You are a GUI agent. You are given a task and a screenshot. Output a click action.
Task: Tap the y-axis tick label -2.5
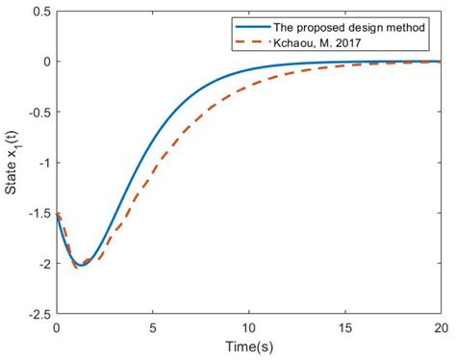(x=38, y=314)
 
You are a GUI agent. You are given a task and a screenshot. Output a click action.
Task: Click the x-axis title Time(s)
(x=248, y=346)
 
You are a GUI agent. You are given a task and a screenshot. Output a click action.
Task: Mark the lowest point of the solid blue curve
(x=80, y=265)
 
